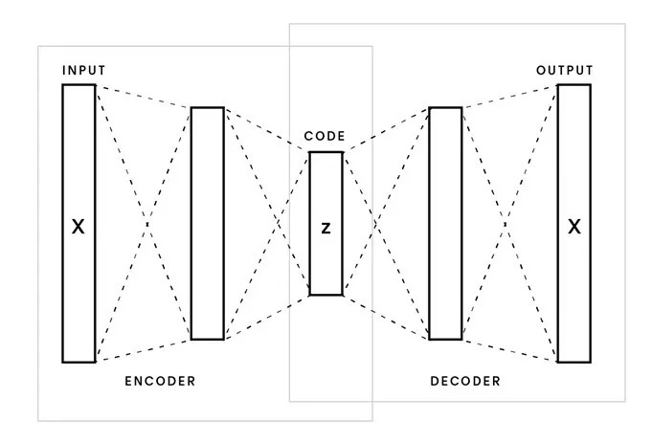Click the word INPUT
click(84, 71)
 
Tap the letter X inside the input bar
click(79, 227)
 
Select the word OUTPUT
click(565, 71)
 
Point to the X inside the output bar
click(574, 227)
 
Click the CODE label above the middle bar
click(325, 137)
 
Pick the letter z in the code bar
click(326, 230)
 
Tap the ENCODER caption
click(160, 381)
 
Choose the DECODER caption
click(465, 381)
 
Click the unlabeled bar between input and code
click(207, 223)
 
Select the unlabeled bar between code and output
click(445, 223)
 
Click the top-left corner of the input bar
click(63, 85)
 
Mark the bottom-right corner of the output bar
click(590, 362)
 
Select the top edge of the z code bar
click(326, 152)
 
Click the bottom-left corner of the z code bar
click(309, 294)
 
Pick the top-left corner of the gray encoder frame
click(38, 45)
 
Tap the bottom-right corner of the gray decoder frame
click(624, 401)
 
